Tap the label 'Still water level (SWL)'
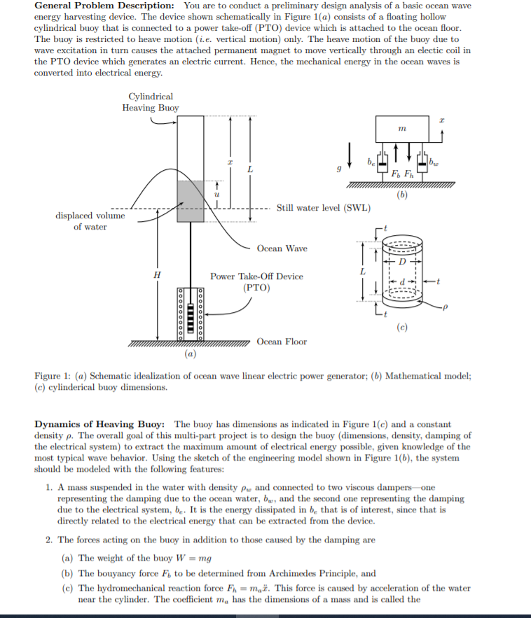(x=323, y=208)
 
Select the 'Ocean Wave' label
(x=282, y=248)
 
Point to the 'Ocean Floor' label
(x=282, y=342)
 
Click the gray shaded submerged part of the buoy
(x=190, y=202)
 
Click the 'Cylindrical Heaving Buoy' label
(x=151, y=102)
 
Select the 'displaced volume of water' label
(x=90, y=221)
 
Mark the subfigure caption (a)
(x=190, y=355)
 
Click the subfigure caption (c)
(x=401, y=326)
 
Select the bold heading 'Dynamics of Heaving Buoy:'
(x=100, y=424)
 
